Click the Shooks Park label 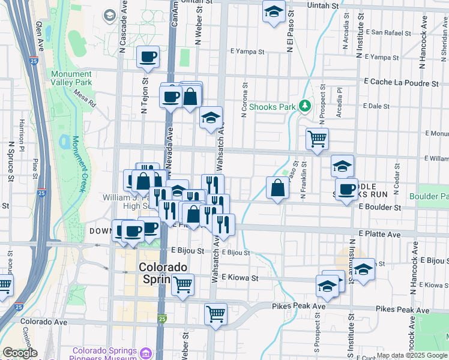[273, 107]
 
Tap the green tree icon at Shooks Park [305, 106]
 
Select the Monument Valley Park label [71, 77]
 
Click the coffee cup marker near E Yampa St [148, 58]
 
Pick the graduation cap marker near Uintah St [274, 11]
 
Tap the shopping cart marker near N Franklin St [317, 139]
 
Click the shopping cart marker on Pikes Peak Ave [215, 314]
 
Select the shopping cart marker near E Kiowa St [182, 285]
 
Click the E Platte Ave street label [379, 233]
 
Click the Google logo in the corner [20, 353]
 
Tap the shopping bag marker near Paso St [277, 188]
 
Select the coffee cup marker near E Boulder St [346, 191]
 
